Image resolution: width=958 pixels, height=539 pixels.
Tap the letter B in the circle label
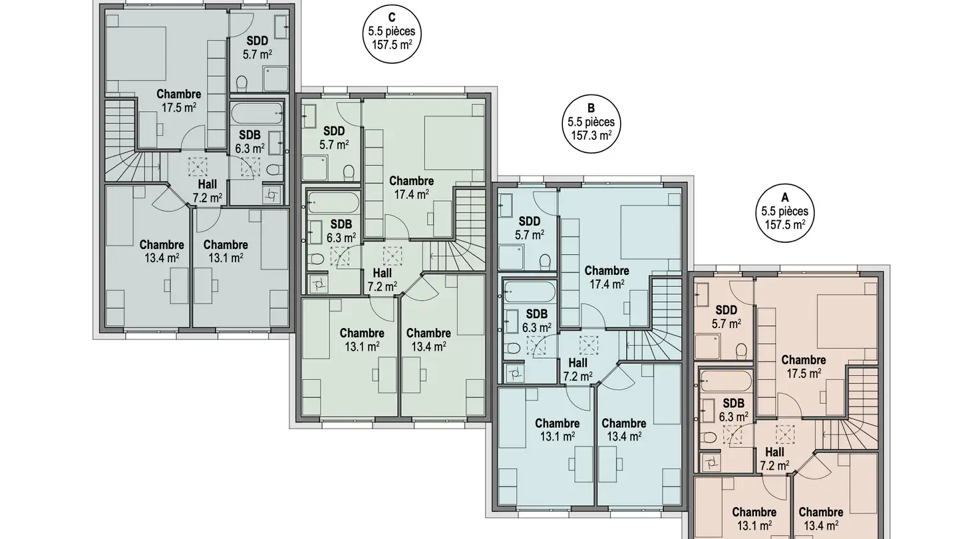[590, 109]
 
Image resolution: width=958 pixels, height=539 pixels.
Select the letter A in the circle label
[784, 198]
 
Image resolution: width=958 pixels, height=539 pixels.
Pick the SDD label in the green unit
[333, 131]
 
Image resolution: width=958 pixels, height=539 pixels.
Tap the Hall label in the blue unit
[577, 363]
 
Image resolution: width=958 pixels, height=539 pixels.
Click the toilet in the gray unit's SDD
[241, 83]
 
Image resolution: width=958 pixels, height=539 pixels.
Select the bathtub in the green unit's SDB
[333, 202]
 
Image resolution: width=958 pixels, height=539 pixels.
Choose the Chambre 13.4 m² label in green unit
[428, 339]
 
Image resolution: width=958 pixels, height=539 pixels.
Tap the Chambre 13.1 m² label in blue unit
[557, 429]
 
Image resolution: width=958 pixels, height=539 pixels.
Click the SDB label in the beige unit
[733, 403]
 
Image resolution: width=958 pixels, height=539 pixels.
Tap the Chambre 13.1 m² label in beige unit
[754, 518]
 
